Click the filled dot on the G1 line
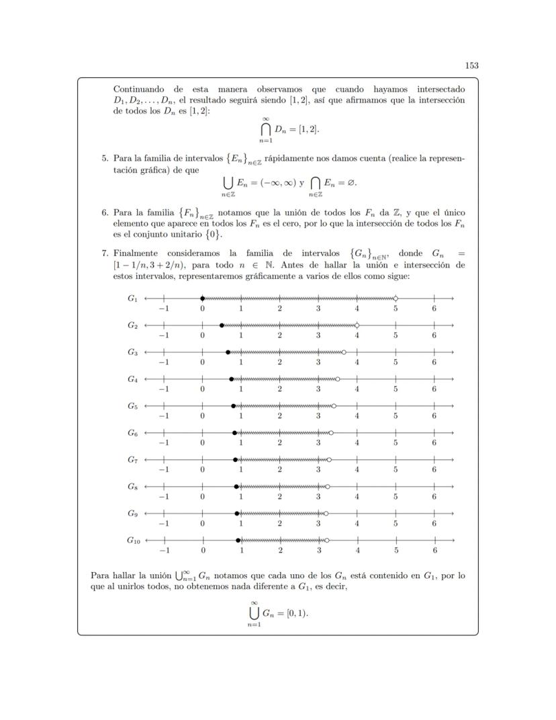click(x=202, y=298)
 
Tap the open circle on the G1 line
click(x=396, y=298)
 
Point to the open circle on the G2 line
click(x=357, y=325)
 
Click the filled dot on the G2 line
click(x=222, y=325)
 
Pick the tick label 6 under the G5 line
click(x=434, y=416)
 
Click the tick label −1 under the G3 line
click(x=163, y=362)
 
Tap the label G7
click(x=133, y=458)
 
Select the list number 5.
click(x=105, y=159)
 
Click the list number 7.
click(x=105, y=253)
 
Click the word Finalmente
click(x=138, y=253)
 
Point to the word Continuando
click(x=141, y=89)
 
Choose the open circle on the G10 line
click(x=327, y=540)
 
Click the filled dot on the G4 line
click(x=232, y=378)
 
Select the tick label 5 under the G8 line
click(x=396, y=497)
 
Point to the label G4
click(x=133, y=378)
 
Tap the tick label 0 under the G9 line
click(x=202, y=524)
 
